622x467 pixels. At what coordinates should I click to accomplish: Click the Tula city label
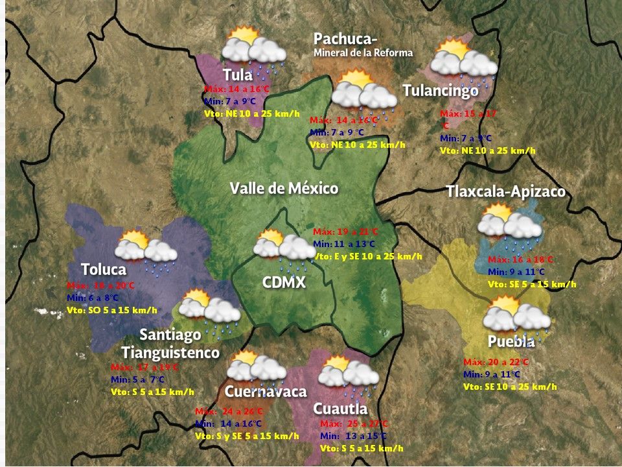click(237, 74)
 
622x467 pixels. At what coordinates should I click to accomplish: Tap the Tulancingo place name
click(440, 91)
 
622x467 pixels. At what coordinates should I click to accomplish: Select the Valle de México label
click(284, 189)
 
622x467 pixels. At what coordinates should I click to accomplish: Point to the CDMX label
click(284, 282)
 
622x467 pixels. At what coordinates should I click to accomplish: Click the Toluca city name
click(104, 269)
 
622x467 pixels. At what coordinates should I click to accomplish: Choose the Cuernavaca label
click(265, 392)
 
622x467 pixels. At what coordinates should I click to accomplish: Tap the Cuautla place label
click(340, 409)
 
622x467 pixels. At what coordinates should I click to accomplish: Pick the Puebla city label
click(511, 342)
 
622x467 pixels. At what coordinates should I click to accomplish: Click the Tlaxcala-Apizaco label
click(505, 192)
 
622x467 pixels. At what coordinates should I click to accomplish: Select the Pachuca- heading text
click(345, 39)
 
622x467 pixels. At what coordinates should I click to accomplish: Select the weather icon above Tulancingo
click(464, 60)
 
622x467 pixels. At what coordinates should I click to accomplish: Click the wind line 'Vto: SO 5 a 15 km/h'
click(111, 310)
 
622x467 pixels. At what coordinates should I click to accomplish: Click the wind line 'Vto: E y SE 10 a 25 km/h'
click(367, 257)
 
